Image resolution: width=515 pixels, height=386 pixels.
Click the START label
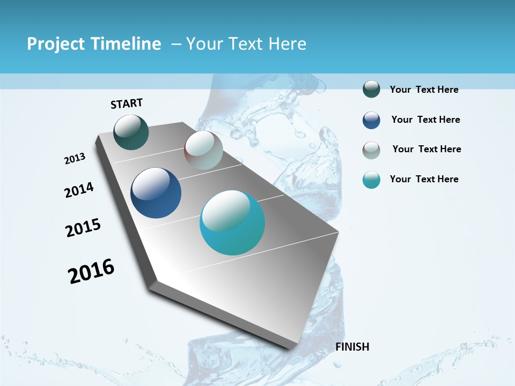[x=127, y=103]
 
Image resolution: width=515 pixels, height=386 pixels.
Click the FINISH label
[x=352, y=347]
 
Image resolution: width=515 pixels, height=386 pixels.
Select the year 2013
[x=75, y=159]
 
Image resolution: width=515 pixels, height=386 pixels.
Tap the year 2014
[x=79, y=190]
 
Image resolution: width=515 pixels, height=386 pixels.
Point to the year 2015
[x=83, y=228]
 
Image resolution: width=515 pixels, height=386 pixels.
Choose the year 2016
[x=91, y=271]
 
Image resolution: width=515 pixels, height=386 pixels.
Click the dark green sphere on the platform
[x=131, y=132]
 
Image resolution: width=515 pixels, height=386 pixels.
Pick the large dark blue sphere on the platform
[x=156, y=193]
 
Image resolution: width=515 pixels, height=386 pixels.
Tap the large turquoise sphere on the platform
[x=232, y=222]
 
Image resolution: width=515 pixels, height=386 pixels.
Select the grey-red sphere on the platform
[x=203, y=150]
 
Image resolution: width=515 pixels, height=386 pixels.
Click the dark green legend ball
[x=371, y=90]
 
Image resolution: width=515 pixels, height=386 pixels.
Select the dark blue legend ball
[x=371, y=120]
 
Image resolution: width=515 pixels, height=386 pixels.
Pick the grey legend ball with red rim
[x=371, y=150]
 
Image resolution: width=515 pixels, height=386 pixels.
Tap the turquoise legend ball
[x=371, y=180]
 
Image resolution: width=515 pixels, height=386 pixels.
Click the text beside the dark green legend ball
[x=424, y=90]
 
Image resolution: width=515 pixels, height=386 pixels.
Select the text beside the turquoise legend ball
[x=424, y=179]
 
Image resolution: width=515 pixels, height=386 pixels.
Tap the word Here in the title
[x=287, y=44]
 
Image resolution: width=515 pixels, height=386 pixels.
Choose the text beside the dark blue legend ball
[x=425, y=120]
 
